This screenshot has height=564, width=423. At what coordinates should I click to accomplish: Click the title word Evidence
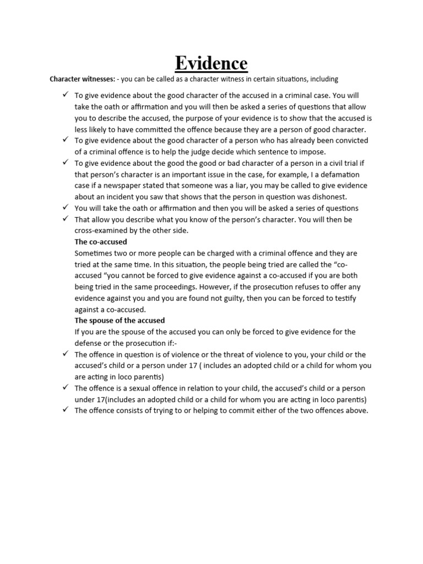[211, 63]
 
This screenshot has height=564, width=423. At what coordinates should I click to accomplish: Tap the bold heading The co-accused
[101, 242]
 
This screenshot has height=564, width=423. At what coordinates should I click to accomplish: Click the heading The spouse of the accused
[120, 321]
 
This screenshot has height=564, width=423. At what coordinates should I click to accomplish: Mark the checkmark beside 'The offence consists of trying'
[65, 410]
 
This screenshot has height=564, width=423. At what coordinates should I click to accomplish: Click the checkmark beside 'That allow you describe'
[65, 219]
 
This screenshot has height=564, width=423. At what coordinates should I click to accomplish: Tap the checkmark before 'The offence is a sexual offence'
[65, 388]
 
